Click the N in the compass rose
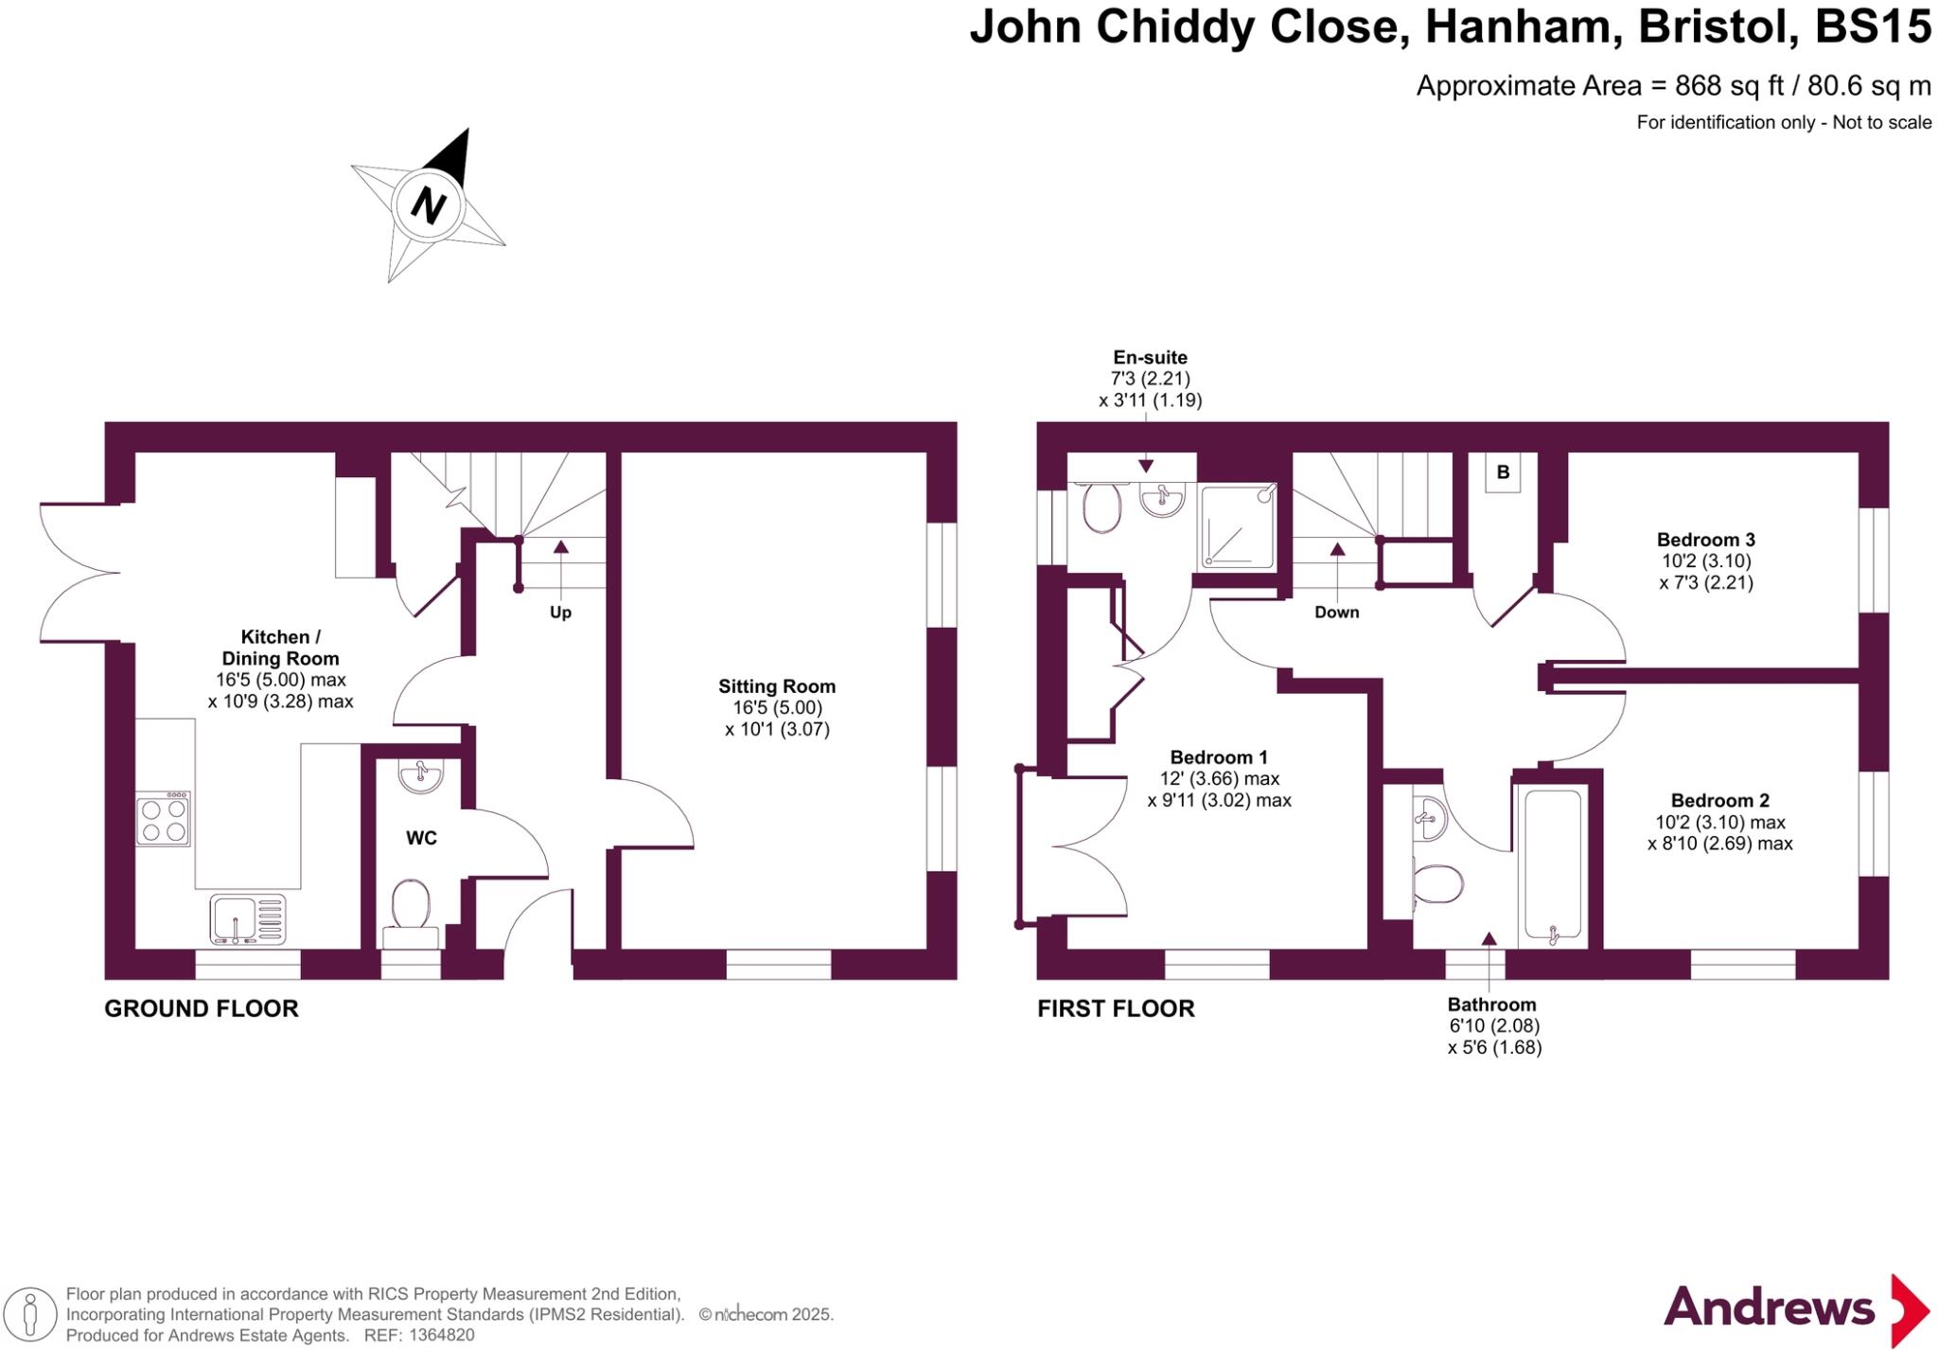pos(428,204)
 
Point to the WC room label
pos(421,838)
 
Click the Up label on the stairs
pos(560,613)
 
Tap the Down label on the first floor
pos(1336,613)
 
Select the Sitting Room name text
pos(776,686)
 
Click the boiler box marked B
pos(1503,472)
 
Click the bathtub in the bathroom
pos(1552,864)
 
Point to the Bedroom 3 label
pos(1705,540)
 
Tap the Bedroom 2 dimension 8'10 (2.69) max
pos(1719,844)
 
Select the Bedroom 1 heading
pos(1219,757)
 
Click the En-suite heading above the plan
pos(1150,358)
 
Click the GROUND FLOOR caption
pos(201,1008)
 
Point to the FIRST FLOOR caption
pos(1116,1008)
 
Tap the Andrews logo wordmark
pos(1769,1307)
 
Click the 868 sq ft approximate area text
pos(1728,86)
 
